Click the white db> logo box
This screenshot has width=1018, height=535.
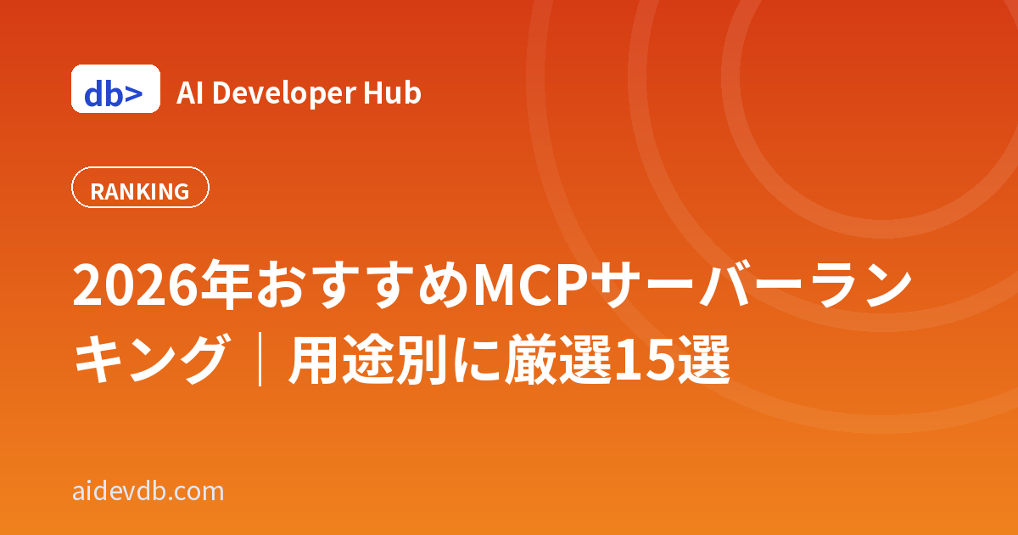[116, 88]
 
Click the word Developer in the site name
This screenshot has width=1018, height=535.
[284, 93]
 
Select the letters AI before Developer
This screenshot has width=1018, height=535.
[189, 93]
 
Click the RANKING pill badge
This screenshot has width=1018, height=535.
[140, 188]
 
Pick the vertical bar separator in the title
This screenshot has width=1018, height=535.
[260, 359]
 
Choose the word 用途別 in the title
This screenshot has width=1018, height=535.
[367, 359]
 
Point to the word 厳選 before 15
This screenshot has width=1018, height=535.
[558, 359]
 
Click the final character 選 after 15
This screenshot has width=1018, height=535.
[703, 359]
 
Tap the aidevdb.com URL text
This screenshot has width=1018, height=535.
[148, 492]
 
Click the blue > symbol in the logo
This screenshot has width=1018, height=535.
[134, 94]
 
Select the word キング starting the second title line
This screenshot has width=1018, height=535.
[150, 359]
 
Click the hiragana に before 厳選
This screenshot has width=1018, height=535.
[476, 360]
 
